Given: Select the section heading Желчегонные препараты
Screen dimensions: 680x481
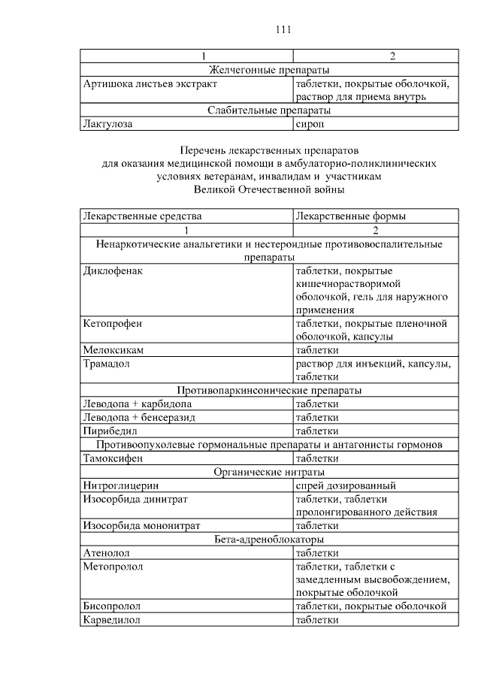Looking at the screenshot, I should pos(269,70).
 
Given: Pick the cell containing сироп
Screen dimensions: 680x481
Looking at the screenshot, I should pos(311,124).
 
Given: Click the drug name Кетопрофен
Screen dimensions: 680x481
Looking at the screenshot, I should pos(113,323).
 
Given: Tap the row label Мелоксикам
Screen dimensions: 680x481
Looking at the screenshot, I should pos(113,350).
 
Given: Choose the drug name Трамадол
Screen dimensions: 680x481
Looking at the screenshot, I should pos(107,364).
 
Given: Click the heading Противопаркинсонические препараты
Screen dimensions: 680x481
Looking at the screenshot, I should pos(269,391).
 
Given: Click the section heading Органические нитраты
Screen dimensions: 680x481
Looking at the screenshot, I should pos(269,472).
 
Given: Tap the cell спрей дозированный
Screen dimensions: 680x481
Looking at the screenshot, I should pos(346,485).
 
